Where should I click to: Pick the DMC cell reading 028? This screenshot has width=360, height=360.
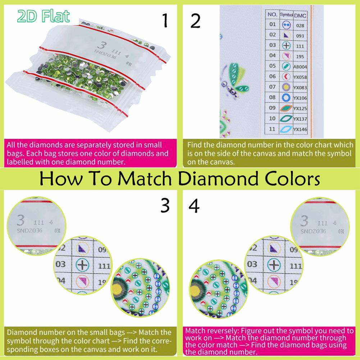pos(300,26)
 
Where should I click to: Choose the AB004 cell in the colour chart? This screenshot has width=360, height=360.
pos(299,66)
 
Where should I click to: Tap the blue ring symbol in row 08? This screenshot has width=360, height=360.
pos(286,97)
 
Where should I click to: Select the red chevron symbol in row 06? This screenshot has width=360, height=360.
pos(286,77)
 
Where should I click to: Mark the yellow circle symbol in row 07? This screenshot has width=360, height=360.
pos(286,87)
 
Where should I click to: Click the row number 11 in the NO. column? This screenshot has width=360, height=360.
pos(272,129)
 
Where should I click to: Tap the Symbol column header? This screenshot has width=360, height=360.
pos(286,15)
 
